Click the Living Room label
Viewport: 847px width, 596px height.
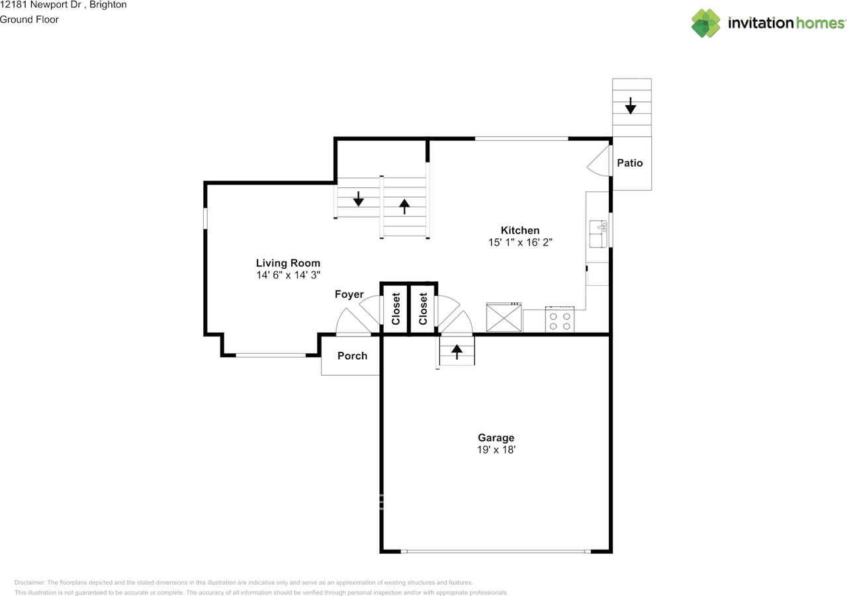click(x=288, y=263)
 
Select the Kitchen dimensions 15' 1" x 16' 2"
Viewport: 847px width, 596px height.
click(x=519, y=243)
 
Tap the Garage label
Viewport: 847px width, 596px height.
click(x=496, y=437)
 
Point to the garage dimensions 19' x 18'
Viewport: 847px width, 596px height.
click(x=496, y=450)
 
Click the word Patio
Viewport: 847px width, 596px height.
click(x=629, y=163)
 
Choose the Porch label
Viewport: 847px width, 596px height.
click(x=352, y=356)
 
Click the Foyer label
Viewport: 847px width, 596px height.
click(x=349, y=294)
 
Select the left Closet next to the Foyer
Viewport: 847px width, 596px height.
click(x=396, y=309)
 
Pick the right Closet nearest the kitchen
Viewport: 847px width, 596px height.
click(x=423, y=309)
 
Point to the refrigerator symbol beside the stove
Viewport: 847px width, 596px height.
click(x=504, y=318)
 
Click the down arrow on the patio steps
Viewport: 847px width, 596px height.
click(x=631, y=105)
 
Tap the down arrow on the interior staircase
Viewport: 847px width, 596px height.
click(x=358, y=198)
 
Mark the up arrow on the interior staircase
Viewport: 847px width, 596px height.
click(x=404, y=206)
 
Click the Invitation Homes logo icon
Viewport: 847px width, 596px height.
click(x=706, y=23)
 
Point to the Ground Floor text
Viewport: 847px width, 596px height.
click(x=29, y=19)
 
